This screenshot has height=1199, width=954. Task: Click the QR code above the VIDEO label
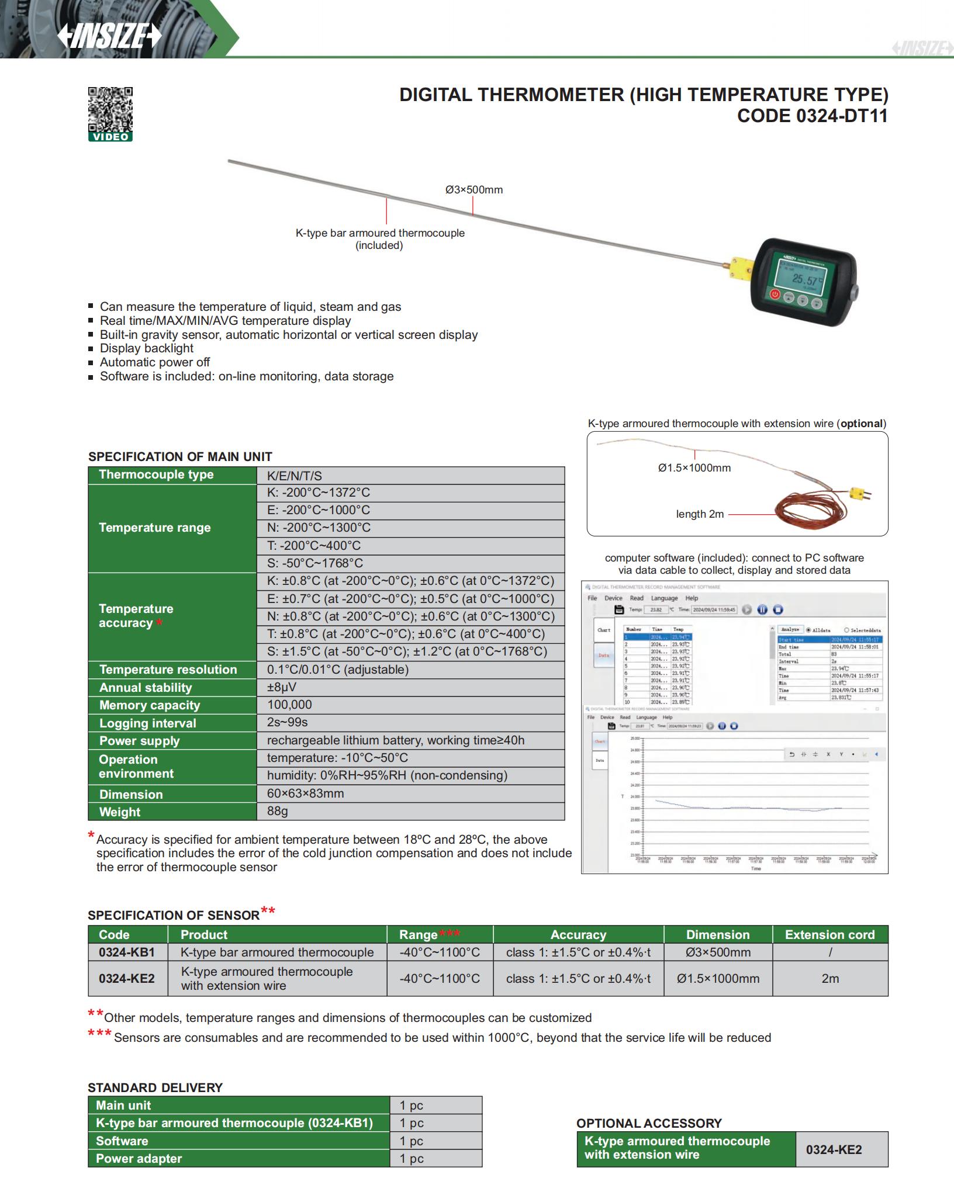pyautogui.click(x=110, y=109)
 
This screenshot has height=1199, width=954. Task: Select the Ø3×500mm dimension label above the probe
pyautogui.click(x=473, y=190)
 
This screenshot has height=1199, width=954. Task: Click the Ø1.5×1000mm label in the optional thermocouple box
pyautogui.click(x=694, y=468)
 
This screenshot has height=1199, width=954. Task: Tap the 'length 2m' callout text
pyautogui.click(x=700, y=514)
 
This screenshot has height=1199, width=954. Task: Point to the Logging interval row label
pyautogui.click(x=148, y=723)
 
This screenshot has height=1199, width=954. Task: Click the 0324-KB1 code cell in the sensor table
pyautogui.click(x=127, y=952)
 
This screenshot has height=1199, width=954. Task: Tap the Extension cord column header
pyautogui.click(x=829, y=934)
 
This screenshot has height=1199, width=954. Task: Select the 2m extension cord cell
pyautogui.click(x=829, y=978)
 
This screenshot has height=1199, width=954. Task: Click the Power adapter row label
pyautogui.click(x=139, y=1158)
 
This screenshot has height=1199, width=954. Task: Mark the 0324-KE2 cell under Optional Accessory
pyautogui.click(x=834, y=1149)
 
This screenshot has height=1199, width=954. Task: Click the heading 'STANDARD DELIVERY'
pyautogui.click(x=155, y=1087)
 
